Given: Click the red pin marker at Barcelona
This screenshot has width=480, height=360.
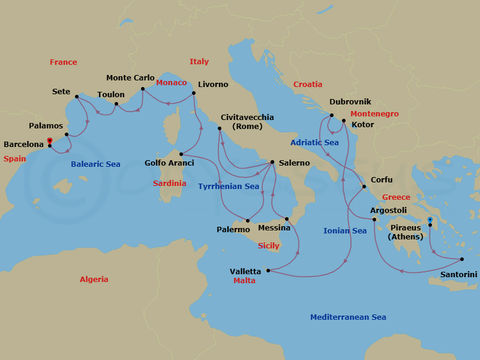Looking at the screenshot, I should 49,142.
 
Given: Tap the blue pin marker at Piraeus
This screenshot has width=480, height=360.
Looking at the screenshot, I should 430,220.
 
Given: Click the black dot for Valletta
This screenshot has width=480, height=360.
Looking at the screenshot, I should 268,271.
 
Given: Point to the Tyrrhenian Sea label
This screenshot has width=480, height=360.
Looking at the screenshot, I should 229,187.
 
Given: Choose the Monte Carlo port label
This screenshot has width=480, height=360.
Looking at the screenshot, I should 130,78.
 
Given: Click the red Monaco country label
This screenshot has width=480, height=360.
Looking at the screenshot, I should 172,83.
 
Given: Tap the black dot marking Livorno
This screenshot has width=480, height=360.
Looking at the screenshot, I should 193,93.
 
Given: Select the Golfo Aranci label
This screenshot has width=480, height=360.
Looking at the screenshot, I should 169,163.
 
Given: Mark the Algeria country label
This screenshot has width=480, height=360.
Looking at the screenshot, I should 94,280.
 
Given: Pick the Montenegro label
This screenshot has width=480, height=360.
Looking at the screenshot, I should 374,114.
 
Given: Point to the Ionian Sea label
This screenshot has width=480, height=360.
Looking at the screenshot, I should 345,231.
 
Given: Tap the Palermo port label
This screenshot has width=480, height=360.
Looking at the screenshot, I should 233,230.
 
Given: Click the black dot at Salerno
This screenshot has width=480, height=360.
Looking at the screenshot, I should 272,162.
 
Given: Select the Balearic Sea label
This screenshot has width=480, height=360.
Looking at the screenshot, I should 95,164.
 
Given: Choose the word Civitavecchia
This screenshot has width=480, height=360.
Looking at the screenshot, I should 247,118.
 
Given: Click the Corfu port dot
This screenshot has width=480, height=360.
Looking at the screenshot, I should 364,187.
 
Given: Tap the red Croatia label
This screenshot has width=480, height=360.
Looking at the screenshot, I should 308,85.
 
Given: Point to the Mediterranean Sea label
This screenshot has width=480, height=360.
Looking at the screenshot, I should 348,317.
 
